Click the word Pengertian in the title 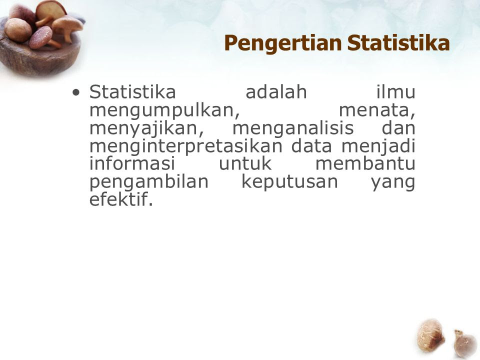tap(282, 43)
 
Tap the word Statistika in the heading tap(398, 42)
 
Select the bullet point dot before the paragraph tap(76, 92)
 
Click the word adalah tap(276, 91)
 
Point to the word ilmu tap(396, 91)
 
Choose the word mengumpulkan tap(164, 110)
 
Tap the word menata tap(377, 110)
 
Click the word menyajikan tap(146, 128)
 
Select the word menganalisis tap(293, 128)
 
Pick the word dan tap(398, 127)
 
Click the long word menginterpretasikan tap(186, 146)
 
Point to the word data tap(311, 146)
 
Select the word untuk tap(245, 164)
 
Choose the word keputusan tap(290, 182)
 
